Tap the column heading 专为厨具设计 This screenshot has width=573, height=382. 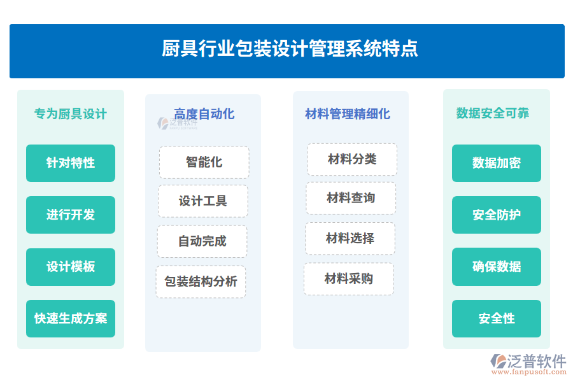pos(71,114)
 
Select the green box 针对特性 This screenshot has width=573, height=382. pos(71,163)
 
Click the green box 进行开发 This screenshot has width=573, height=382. pos(71,215)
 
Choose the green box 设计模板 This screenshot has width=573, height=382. pos(71,267)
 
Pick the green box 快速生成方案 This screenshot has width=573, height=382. pos(71,318)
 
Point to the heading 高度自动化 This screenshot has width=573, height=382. pos(204,114)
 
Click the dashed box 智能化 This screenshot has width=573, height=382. pos(204,162)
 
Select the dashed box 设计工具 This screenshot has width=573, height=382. pos(203,201)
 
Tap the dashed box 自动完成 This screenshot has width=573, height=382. pos(202,241)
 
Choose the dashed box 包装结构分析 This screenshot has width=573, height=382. pos(201,281)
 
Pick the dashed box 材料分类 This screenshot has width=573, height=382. pos(352,159)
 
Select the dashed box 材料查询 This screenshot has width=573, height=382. pos(351,198)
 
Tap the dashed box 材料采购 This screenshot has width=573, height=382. pos(349,279)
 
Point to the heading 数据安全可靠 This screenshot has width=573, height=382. pos(493,113)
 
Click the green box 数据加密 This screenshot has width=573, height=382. pos(497,163)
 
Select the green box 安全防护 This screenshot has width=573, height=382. pos(497,215)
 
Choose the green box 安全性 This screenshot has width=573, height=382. pos(497,318)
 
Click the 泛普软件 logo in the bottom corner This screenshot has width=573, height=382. pos(528,364)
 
